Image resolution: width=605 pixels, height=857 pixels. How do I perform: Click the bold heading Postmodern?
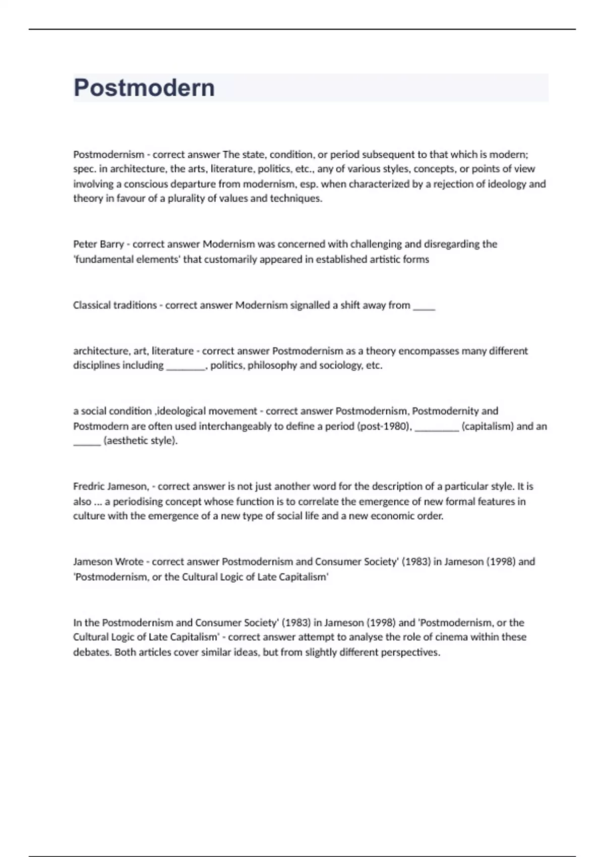tap(144, 88)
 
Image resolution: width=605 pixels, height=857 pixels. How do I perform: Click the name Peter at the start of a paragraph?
tap(85, 244)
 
